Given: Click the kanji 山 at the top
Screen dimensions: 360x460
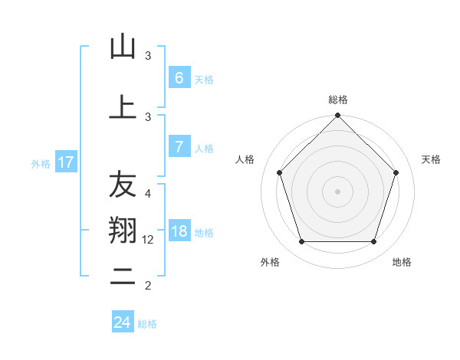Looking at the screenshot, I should [x=123, y=47].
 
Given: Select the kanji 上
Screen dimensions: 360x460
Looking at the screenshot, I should [x=123, y=106].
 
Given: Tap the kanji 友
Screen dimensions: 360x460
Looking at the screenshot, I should [x=123, y=185].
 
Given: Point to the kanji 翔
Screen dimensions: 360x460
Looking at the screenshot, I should [x=123, y=229].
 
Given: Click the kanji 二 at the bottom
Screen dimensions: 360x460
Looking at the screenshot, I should [x=123, y=277].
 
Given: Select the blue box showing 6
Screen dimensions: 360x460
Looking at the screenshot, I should [x=179, y=78].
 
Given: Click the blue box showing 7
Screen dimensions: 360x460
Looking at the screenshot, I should [x=179, y=147].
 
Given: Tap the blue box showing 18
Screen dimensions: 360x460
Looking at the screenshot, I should [x=179, y=231].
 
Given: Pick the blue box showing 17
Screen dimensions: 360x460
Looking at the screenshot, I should [x=65, y=162].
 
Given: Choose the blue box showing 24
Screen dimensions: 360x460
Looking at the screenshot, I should [x=122, y=322].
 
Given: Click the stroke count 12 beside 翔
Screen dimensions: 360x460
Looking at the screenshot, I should [x=149, y=240].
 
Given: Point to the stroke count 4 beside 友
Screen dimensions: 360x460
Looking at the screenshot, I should [x=148, y=193].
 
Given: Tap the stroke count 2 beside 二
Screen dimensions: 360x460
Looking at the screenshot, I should [x=148, y=286].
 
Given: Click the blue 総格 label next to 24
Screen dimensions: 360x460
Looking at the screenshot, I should [x=147, y=324].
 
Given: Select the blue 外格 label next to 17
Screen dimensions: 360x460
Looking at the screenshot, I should [x=41, y=163].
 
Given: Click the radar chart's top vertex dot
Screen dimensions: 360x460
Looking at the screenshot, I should [x=337, y=116].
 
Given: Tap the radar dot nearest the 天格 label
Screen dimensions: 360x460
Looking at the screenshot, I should [x=396, y=172].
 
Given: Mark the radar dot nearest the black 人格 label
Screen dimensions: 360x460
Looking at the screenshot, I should [x=279, y=172].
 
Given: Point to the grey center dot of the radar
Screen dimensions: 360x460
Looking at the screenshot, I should [x=337, y=191].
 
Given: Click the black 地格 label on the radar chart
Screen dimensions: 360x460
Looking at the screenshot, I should [x=402, y=262].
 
